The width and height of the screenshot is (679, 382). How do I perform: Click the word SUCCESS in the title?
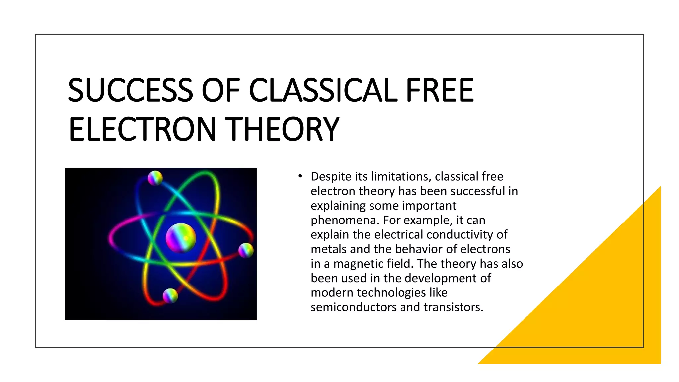130,90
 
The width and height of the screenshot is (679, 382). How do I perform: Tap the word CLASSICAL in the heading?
323,90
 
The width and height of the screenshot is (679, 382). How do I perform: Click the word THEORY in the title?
283,129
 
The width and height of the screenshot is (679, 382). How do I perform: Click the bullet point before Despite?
300,176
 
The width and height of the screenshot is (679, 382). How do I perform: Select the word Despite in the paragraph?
331,177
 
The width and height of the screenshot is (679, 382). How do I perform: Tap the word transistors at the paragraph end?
453,307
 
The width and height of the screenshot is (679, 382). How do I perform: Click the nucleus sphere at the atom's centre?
181,238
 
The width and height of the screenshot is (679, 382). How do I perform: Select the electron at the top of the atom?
155,178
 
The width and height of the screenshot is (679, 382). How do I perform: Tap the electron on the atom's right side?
246,250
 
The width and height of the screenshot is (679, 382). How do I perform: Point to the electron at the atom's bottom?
170,295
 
